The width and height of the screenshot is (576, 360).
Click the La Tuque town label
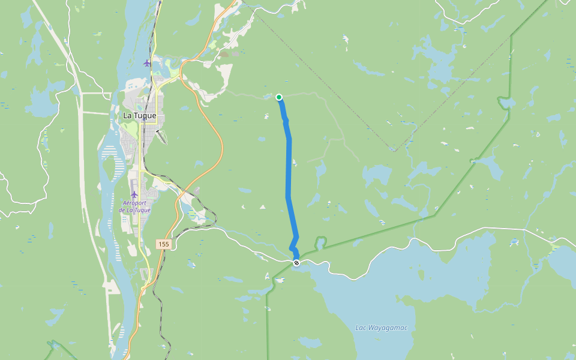pyautogui.click(x=139, y=115)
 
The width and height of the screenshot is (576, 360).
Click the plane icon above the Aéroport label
pyautogui.click(x=134, y=194)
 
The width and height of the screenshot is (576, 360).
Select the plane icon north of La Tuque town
pyautogui.click(x=147, y=63)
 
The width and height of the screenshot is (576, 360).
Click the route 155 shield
pyautogui.click(x=164, y=244)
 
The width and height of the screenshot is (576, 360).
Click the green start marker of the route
pyautogui.click(x=279, y=97)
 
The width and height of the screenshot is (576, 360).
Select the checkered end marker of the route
pyautogui.click(x=296, y=263)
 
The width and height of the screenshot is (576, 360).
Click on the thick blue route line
pyautogui.click(x=289, y=168)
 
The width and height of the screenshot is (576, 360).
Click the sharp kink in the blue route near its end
pyautogui.click(x=292, y=248)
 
